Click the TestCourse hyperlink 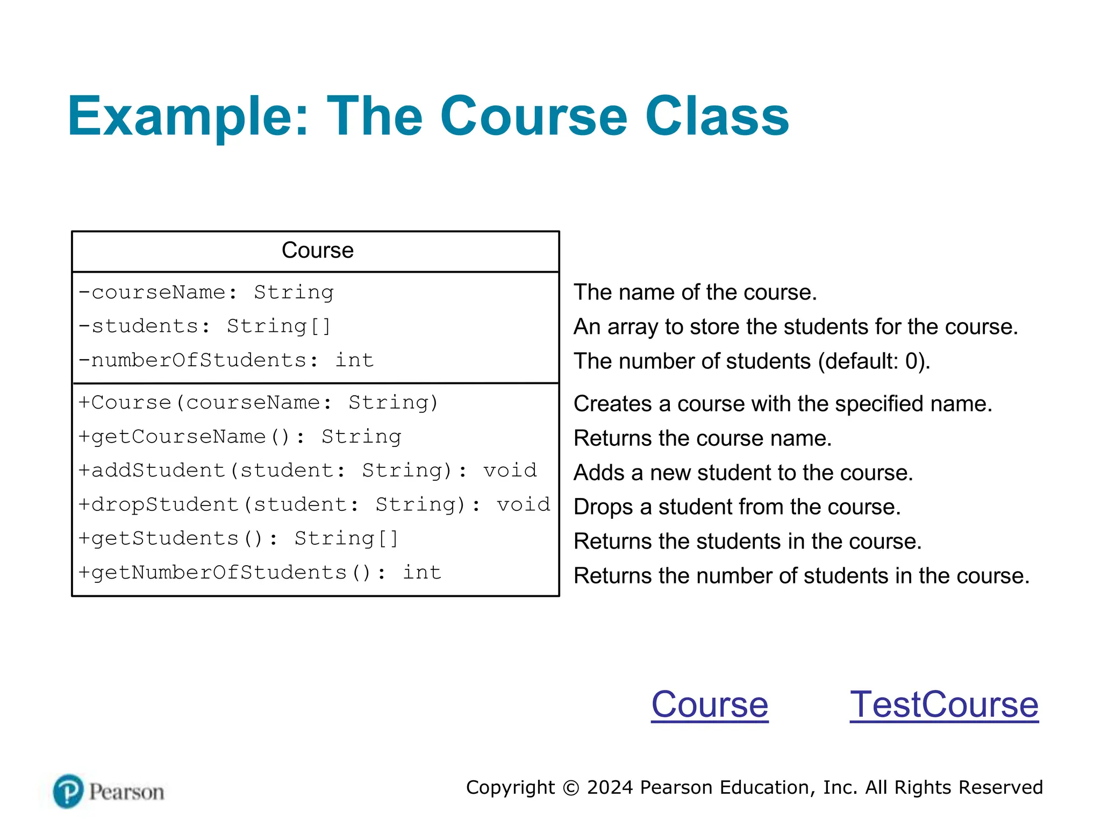pyautogui.click(x=943, y=704)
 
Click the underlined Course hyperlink pyautogui.click(x=710, y=704)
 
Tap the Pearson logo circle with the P pyautogui.click(x=68, y=791)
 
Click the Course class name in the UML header pyautogui.click(x=318, y=251)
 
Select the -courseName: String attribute pyautogui.click(x=206, y=293)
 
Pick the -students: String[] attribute pyautogui.click(x=205, y=326)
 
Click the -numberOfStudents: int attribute pyautogui.click(x=226, y=360)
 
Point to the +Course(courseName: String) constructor pyautogui.click(x=259, y=403)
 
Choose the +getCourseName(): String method pyautogui.click(x=240, y=437)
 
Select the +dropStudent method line pyautogui.click(x=314, y=504)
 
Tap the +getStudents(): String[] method pyautogui.click(x=239, y=538)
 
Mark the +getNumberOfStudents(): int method pyautogui.click(x=260, y=573)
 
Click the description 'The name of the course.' pyautogui.click(x=695, y=293)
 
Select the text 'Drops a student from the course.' pyautogui.click(x=737, y=507)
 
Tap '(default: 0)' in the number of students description pyautogui.click(x=875, y=361)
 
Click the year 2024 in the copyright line pyautogui.click(x=610, y=787)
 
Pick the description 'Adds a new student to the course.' pyautogui.click(x=743, y=473)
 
